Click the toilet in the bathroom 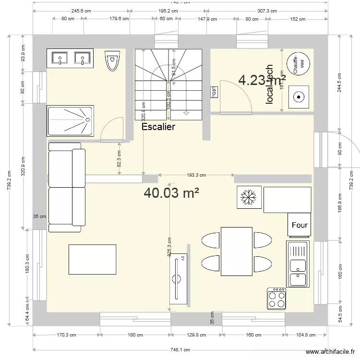click(x=112, y=60)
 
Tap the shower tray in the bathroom click(x=69, y=120)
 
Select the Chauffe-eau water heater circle click(x=298, y=63)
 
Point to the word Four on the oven click(x=300, y=225)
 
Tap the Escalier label click(x=158, y=127)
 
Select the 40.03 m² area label click(x=171, y=193)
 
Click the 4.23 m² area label click(x=262, y=80)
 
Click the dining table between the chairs click(x=236, y=252)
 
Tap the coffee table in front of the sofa click(x=93, y=259)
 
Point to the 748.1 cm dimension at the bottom click(x=180, y=350)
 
